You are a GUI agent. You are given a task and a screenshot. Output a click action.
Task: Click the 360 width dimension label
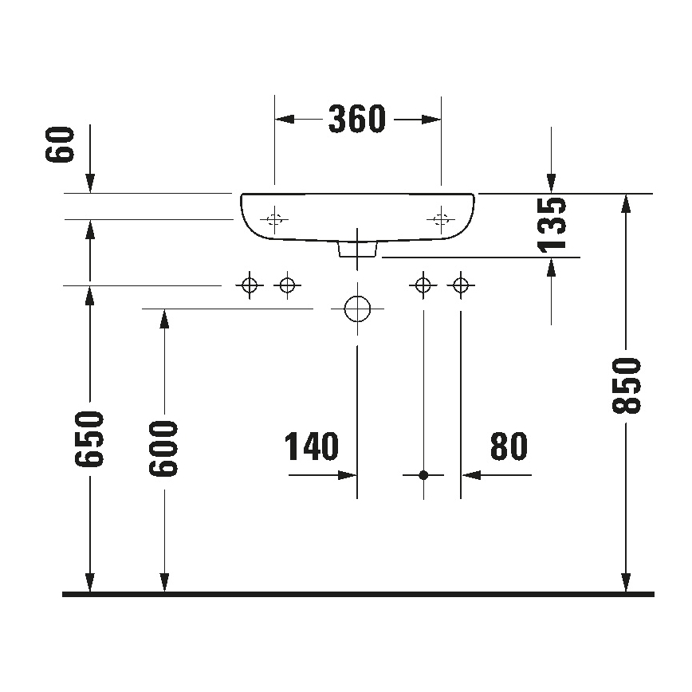tap(357, 120)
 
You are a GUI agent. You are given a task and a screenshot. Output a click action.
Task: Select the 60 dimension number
tap(61, 144)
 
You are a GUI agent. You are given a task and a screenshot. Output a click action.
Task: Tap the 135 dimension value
tap(553, 224)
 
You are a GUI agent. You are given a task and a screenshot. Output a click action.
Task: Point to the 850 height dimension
tap(627, 386)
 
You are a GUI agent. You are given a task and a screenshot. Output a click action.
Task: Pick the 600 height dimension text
tap(165, 448)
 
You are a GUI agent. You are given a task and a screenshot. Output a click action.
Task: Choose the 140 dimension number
tap(312, 447)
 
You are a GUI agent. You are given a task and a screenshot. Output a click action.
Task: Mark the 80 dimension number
tap(509, 447)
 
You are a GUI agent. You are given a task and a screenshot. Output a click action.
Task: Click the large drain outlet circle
tap(357, 309)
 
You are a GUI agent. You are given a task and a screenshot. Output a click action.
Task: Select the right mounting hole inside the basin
tap(441, 219)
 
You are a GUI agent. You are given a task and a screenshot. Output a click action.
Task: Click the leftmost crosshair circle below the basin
tap(250, 285)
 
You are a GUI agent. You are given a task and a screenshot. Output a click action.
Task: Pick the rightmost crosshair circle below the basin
tap(460, 285)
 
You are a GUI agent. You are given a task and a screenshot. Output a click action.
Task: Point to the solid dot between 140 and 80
tap(423, 475)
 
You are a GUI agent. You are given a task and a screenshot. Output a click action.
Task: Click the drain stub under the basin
tap(357, 249)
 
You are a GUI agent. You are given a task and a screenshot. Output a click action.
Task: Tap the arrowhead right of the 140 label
tap(348, 475)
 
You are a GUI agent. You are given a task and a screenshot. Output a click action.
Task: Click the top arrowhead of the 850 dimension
tap(627, 203)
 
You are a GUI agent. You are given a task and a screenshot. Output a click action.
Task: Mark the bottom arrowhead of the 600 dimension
tap(165, 584)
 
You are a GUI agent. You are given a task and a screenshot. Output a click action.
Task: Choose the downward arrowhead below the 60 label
tap(91, 184)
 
